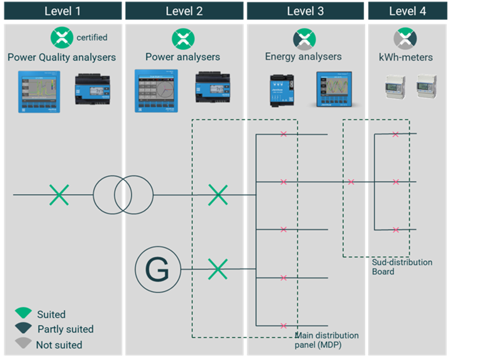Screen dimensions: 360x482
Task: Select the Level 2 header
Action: (x=184, y=11)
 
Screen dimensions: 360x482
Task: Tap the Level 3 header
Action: (x=305, y=11)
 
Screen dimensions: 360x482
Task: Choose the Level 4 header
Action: (x=407, y=11)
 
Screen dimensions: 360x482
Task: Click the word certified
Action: (x=92, y=38)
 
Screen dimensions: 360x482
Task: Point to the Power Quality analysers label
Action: (x=61, y=57)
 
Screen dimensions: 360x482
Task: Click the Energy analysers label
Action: (x=303, y=56)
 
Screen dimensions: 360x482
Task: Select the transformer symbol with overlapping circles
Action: (x=123, y=194)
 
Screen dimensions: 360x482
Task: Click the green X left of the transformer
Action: (x=59, y=195)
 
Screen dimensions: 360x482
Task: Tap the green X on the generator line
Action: (x=218, y=269)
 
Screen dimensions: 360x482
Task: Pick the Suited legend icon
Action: (x=23, y=314)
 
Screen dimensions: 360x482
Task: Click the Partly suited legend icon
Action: (x=23, y=329)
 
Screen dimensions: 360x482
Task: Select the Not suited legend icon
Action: (x=23, y=344)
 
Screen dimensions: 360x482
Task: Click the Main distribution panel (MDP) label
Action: (x=327, y=340)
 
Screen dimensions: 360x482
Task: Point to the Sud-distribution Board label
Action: (x=401, y=267)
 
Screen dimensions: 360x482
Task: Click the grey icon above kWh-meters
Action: (x=406, y=39)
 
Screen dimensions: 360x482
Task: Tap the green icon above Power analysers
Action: (x=183, y=39)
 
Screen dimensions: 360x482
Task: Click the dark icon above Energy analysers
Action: (x=304, y=39)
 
